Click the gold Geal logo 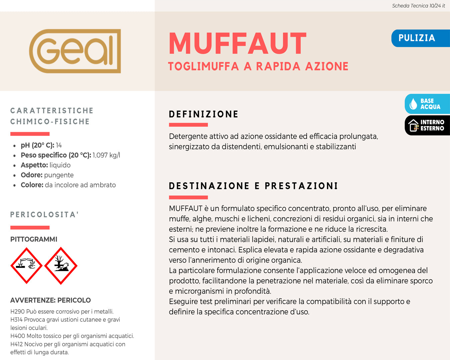click(x=75, y=51)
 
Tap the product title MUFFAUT click(x=237, y=44)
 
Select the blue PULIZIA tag click(x=417, y=38)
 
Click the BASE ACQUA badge click(x=427, y=104)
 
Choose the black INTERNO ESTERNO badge click(x=427, y=125)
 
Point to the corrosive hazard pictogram click(x=26, y=266)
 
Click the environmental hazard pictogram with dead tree click(x=61, y=266)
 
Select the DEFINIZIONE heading click(x=204, y=114)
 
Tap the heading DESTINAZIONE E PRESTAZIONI click(x=253, y=186)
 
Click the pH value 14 click(x=59, y=145)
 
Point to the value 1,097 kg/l click(x=106, y=155)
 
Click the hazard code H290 click(x=17, y=312)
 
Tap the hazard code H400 click(x=18, y=336)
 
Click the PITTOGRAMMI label click(x=34, y=239)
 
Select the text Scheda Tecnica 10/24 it click(x=418, y=6)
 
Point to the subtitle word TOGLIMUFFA click(x=203, y=66)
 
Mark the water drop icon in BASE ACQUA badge click(x=413, y=104)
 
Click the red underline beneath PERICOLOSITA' click(x=30, y=228)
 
